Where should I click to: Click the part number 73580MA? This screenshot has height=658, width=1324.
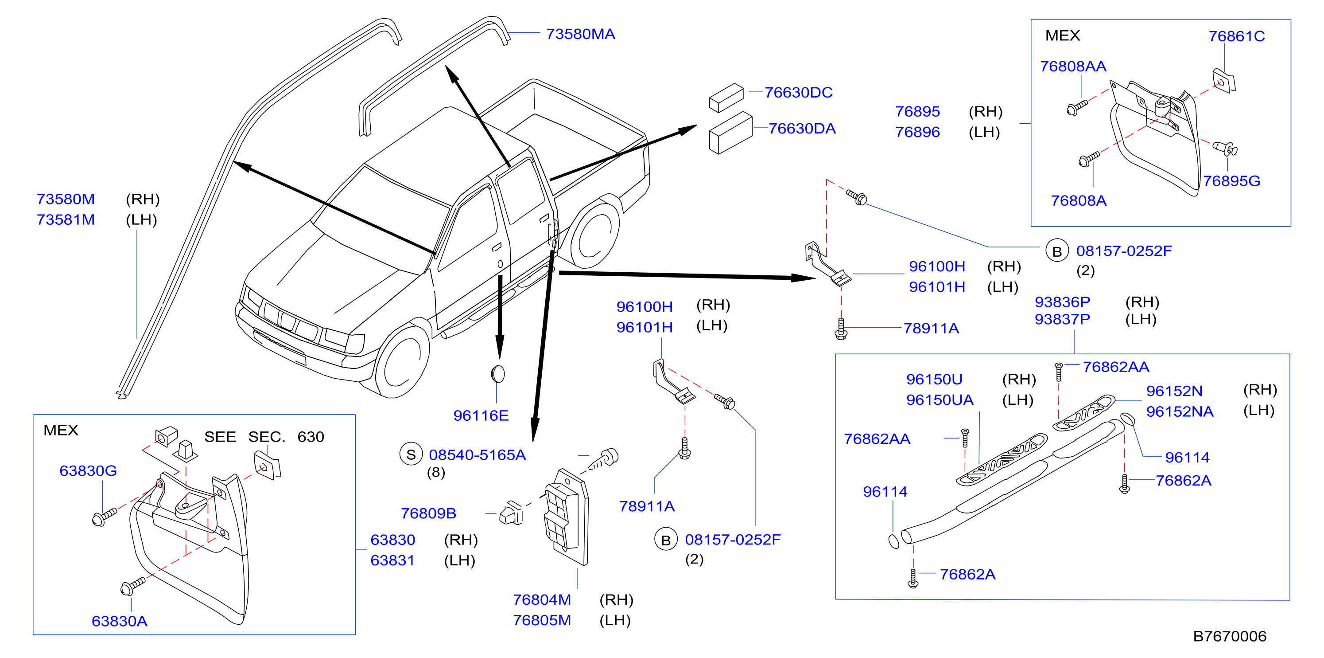pyautogui.click(x=580, y=34)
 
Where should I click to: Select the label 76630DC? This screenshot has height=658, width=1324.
pyautogui.click(x=798, y=92)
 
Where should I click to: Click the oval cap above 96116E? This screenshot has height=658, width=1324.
pyautogui.click(x=497, y=374)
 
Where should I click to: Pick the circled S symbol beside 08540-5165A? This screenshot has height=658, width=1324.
pyautogui.click(x=411, y=454)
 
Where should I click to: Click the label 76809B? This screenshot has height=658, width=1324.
pyautogui.click(x=428, y=513)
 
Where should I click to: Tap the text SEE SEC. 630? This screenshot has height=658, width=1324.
pyautogui.click(x=264, y=436)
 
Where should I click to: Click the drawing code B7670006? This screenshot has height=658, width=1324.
pyautogui.click(x=1230, y=636)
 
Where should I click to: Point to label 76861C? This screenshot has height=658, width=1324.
pyautogui.click(x=1236, y=36)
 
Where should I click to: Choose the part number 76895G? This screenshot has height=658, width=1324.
pyautogui.click(x=1231, y=180)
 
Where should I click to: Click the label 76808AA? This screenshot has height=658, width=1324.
pyautogui.click(x=1073, y=67)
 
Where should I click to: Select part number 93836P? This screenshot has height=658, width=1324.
pyautogui.click(x=1062, y=302)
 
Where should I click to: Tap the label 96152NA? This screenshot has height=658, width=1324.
pyautogui.click(x=1180, y=411)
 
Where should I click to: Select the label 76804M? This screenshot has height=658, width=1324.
pyautogui.click(x=542, y=599)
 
